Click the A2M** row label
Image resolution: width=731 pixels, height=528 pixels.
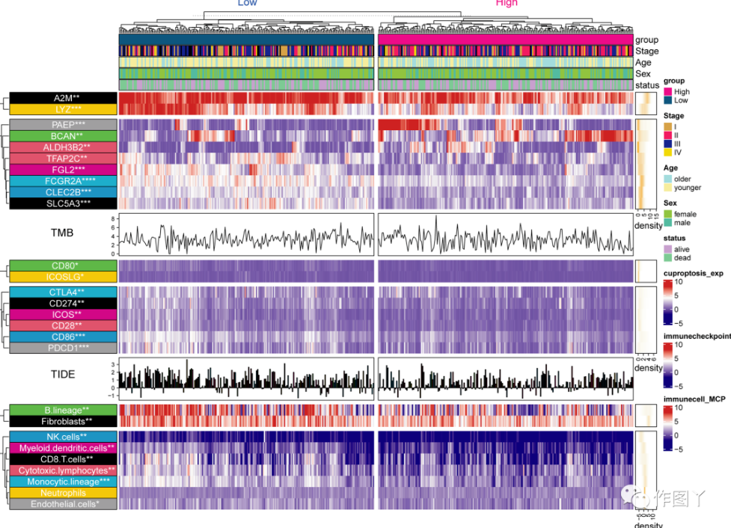coord(63,98)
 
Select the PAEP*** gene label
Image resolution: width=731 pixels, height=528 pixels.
coord(63,124)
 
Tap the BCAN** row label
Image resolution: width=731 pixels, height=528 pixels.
coord(63,135)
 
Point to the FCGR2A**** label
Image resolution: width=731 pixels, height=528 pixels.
coord(63,181)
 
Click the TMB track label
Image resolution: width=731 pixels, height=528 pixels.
coord(62,233)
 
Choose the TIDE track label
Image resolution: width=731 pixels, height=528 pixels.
coord(62,373)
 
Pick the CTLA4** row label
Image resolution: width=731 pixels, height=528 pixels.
coord(63,292)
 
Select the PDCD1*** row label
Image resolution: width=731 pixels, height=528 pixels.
coord(63,348)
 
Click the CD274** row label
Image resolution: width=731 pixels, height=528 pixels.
coord(63,303)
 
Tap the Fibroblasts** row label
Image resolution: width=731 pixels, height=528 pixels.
coord(63,421)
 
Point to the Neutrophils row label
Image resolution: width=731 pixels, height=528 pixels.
coord(63,494)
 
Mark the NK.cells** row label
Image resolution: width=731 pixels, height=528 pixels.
coord(63,437)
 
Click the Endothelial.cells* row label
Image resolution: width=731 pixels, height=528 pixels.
coord(63,505)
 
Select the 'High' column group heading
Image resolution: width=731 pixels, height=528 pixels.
coord(507,4)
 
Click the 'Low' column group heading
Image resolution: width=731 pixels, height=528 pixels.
coord(247,4)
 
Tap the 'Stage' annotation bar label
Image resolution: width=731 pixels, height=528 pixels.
coord(646,52)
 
